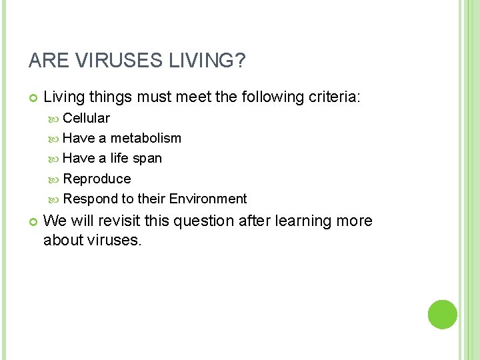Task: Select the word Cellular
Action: coord(87,118)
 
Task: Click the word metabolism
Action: coord(146,138)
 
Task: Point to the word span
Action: coord(148,158)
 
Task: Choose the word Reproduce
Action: coord(97,179)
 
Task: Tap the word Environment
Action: coord(208,199)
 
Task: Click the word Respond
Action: coord(90,199)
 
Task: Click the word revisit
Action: coord(117,221)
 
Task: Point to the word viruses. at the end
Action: coord(114,240)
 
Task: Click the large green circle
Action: coord(443,315)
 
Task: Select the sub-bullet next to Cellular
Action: coord(55,119)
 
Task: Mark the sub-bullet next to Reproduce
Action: coord(55,179)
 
